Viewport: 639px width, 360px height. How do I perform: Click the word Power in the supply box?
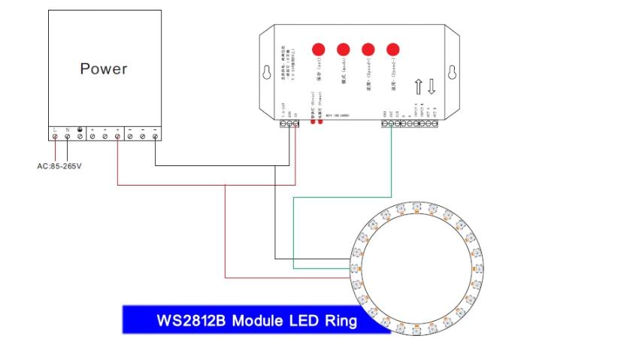click(104, 69)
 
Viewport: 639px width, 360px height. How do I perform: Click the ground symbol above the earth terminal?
click(80, 128)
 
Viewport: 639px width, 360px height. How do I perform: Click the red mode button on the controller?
click(344, 50)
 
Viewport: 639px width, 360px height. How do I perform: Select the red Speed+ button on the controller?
click(368, 50)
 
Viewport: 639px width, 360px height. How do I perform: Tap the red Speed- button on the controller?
click(392, 50)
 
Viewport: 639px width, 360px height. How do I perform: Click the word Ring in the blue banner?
click(336, 321)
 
